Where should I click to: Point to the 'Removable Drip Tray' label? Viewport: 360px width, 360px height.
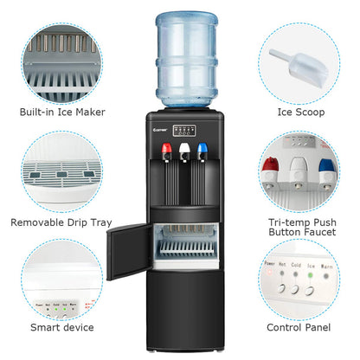(x=61, y=222)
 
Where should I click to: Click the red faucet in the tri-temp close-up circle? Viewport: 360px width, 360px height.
(x=270, y=166)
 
